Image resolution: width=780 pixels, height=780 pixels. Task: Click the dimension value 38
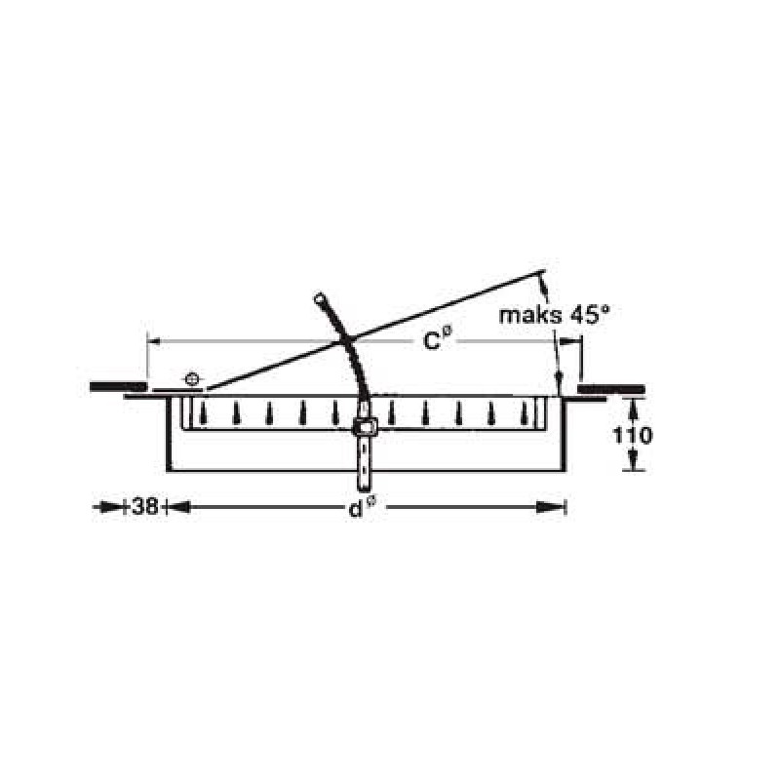click(145, 507)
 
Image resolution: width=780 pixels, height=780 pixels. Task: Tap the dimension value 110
click(632, 436)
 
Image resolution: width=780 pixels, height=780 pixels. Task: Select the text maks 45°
click(554, 315)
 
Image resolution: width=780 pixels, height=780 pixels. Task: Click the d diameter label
click(361, 508)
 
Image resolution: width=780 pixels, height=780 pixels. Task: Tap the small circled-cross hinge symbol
click(192, 379)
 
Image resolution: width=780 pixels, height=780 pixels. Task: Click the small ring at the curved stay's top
click(320, 298)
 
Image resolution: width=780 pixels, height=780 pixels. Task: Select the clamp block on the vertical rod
click(365, 427)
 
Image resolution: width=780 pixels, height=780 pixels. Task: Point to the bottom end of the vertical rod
click(365, 490)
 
